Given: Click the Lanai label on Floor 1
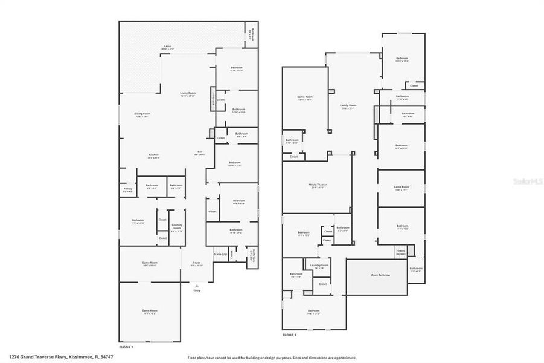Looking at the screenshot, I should (x=168, y=47).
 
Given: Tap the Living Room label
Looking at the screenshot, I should (x=188, y=94).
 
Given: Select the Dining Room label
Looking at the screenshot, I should (x=142, y=114).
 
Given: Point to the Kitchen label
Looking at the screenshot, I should (x=154, y=156).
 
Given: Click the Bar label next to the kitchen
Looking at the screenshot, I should (x=200, y=152).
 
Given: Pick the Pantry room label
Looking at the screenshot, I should (x=127, y=189).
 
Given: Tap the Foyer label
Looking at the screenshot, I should (x=197, y=264).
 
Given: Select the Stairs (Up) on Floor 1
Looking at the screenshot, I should (x=220, y=255).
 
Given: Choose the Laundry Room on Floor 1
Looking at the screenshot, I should (x=177, y=229).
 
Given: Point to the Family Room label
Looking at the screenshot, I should (x=348, y=106).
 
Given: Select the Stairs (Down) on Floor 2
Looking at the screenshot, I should (x=401, y=251).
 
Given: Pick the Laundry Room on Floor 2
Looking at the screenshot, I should (x=319, y=266).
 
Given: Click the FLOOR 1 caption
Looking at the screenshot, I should (x=126, y=347).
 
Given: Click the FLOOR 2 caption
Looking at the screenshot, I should (x=290, y=335).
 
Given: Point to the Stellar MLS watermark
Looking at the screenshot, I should (x=527, y=181).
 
